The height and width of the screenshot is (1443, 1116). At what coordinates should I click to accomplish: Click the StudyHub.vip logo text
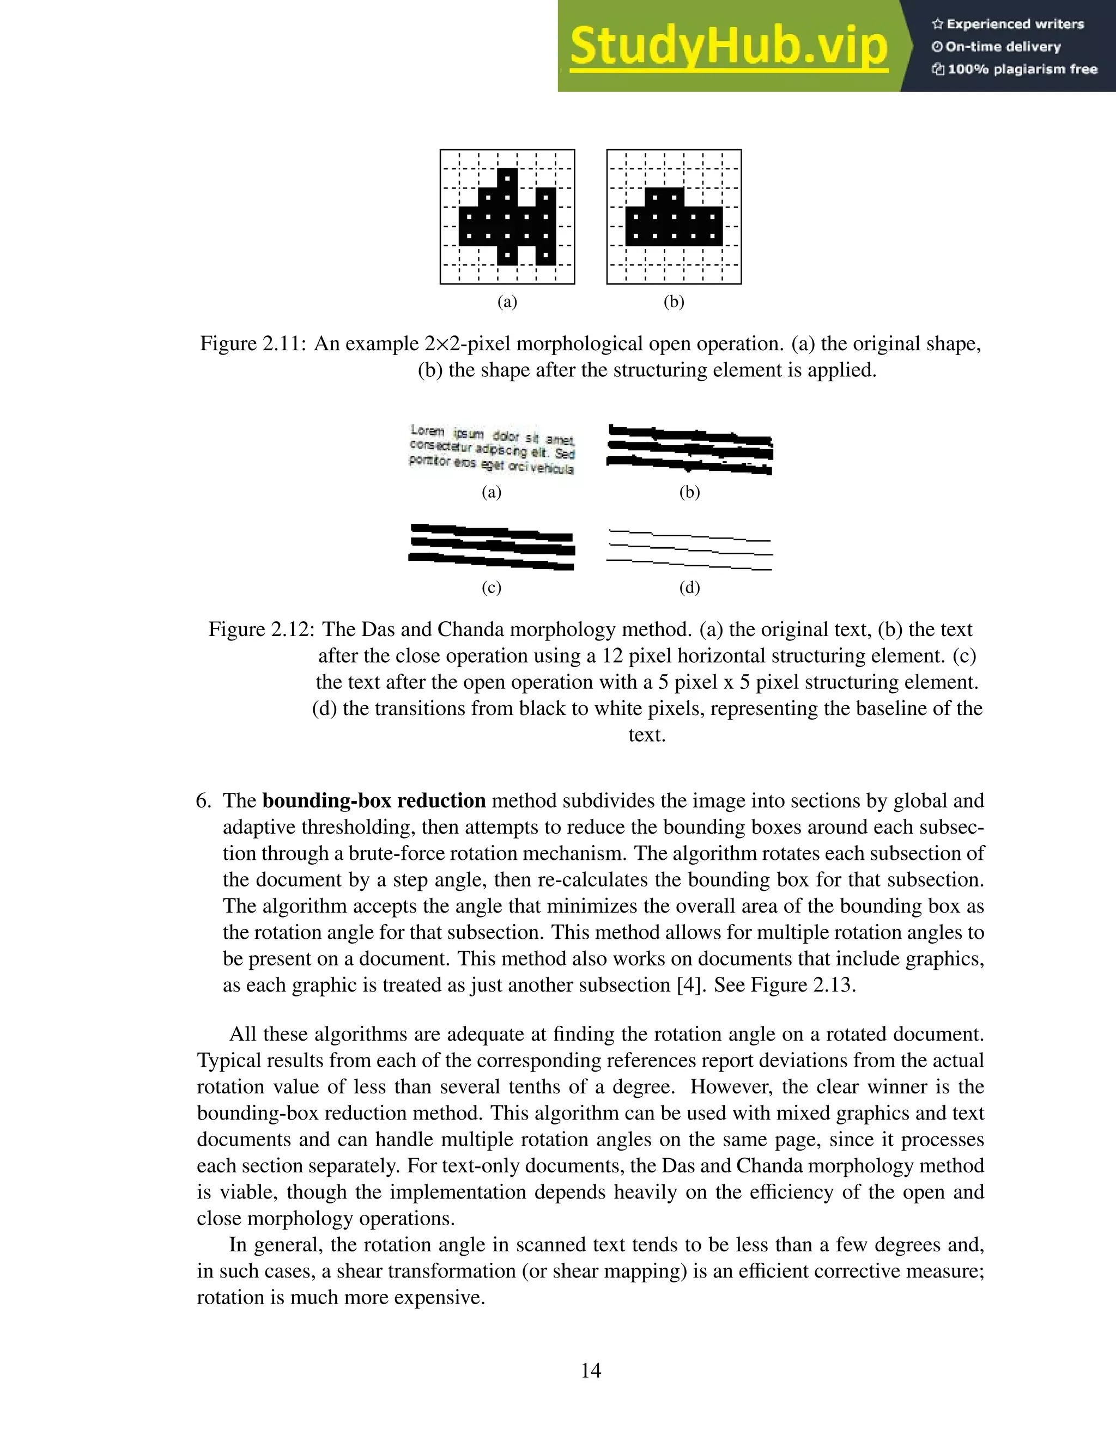coord(728,46)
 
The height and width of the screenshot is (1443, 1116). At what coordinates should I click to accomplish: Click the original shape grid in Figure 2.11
coord(507,217)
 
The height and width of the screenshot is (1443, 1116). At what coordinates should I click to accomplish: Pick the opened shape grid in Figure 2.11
coord(674,217)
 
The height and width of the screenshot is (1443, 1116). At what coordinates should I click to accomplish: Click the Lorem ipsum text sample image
coord(492,449)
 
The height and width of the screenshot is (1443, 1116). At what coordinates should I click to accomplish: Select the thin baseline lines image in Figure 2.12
coord(689,550)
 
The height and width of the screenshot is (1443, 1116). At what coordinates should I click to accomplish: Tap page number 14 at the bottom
coord(590,1371)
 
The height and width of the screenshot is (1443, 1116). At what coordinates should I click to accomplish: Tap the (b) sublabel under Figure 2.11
coord(674,302)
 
